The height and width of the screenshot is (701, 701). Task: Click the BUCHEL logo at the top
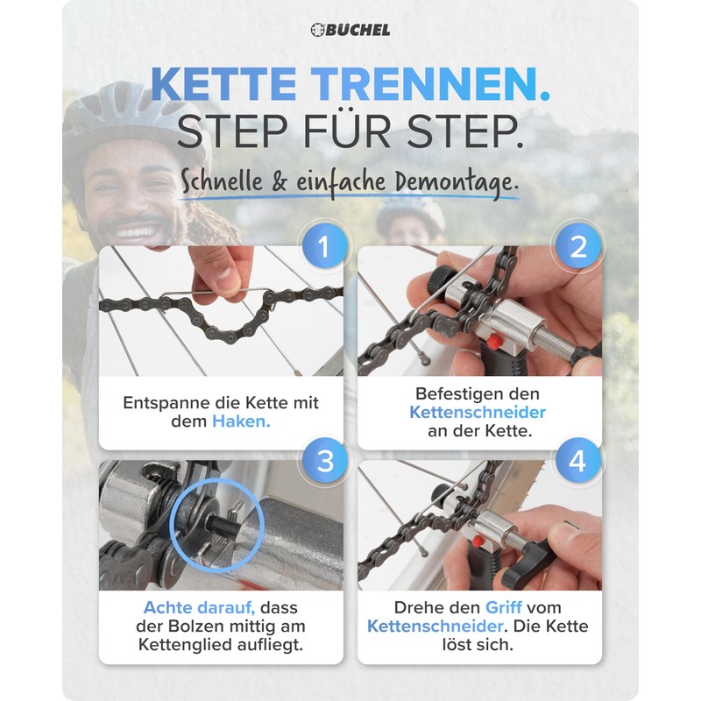click(x=350, y=30)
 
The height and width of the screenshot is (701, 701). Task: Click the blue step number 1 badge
click(x=323, y=248)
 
